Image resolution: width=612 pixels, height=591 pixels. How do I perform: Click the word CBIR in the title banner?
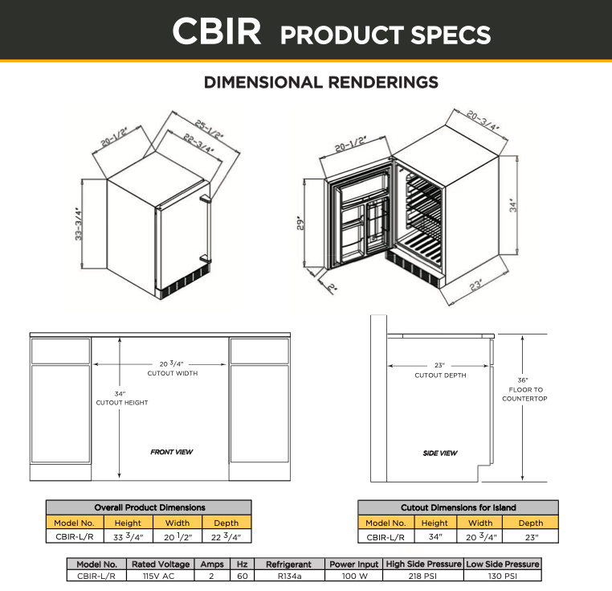216,32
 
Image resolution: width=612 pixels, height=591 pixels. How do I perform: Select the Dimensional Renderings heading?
321,82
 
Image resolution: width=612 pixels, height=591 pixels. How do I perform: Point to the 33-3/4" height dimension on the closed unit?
80,224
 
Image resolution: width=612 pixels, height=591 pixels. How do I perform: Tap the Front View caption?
172,452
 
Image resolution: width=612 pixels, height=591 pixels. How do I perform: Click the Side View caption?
440,454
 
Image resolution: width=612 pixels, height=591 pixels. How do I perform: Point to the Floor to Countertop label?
524,389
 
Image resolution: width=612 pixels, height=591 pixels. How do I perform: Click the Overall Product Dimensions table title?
149,507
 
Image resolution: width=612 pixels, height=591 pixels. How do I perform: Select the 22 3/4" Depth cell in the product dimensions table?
226,536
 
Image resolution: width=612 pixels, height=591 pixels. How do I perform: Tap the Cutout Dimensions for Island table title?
459,507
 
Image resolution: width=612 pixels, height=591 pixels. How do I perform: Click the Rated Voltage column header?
160,564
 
